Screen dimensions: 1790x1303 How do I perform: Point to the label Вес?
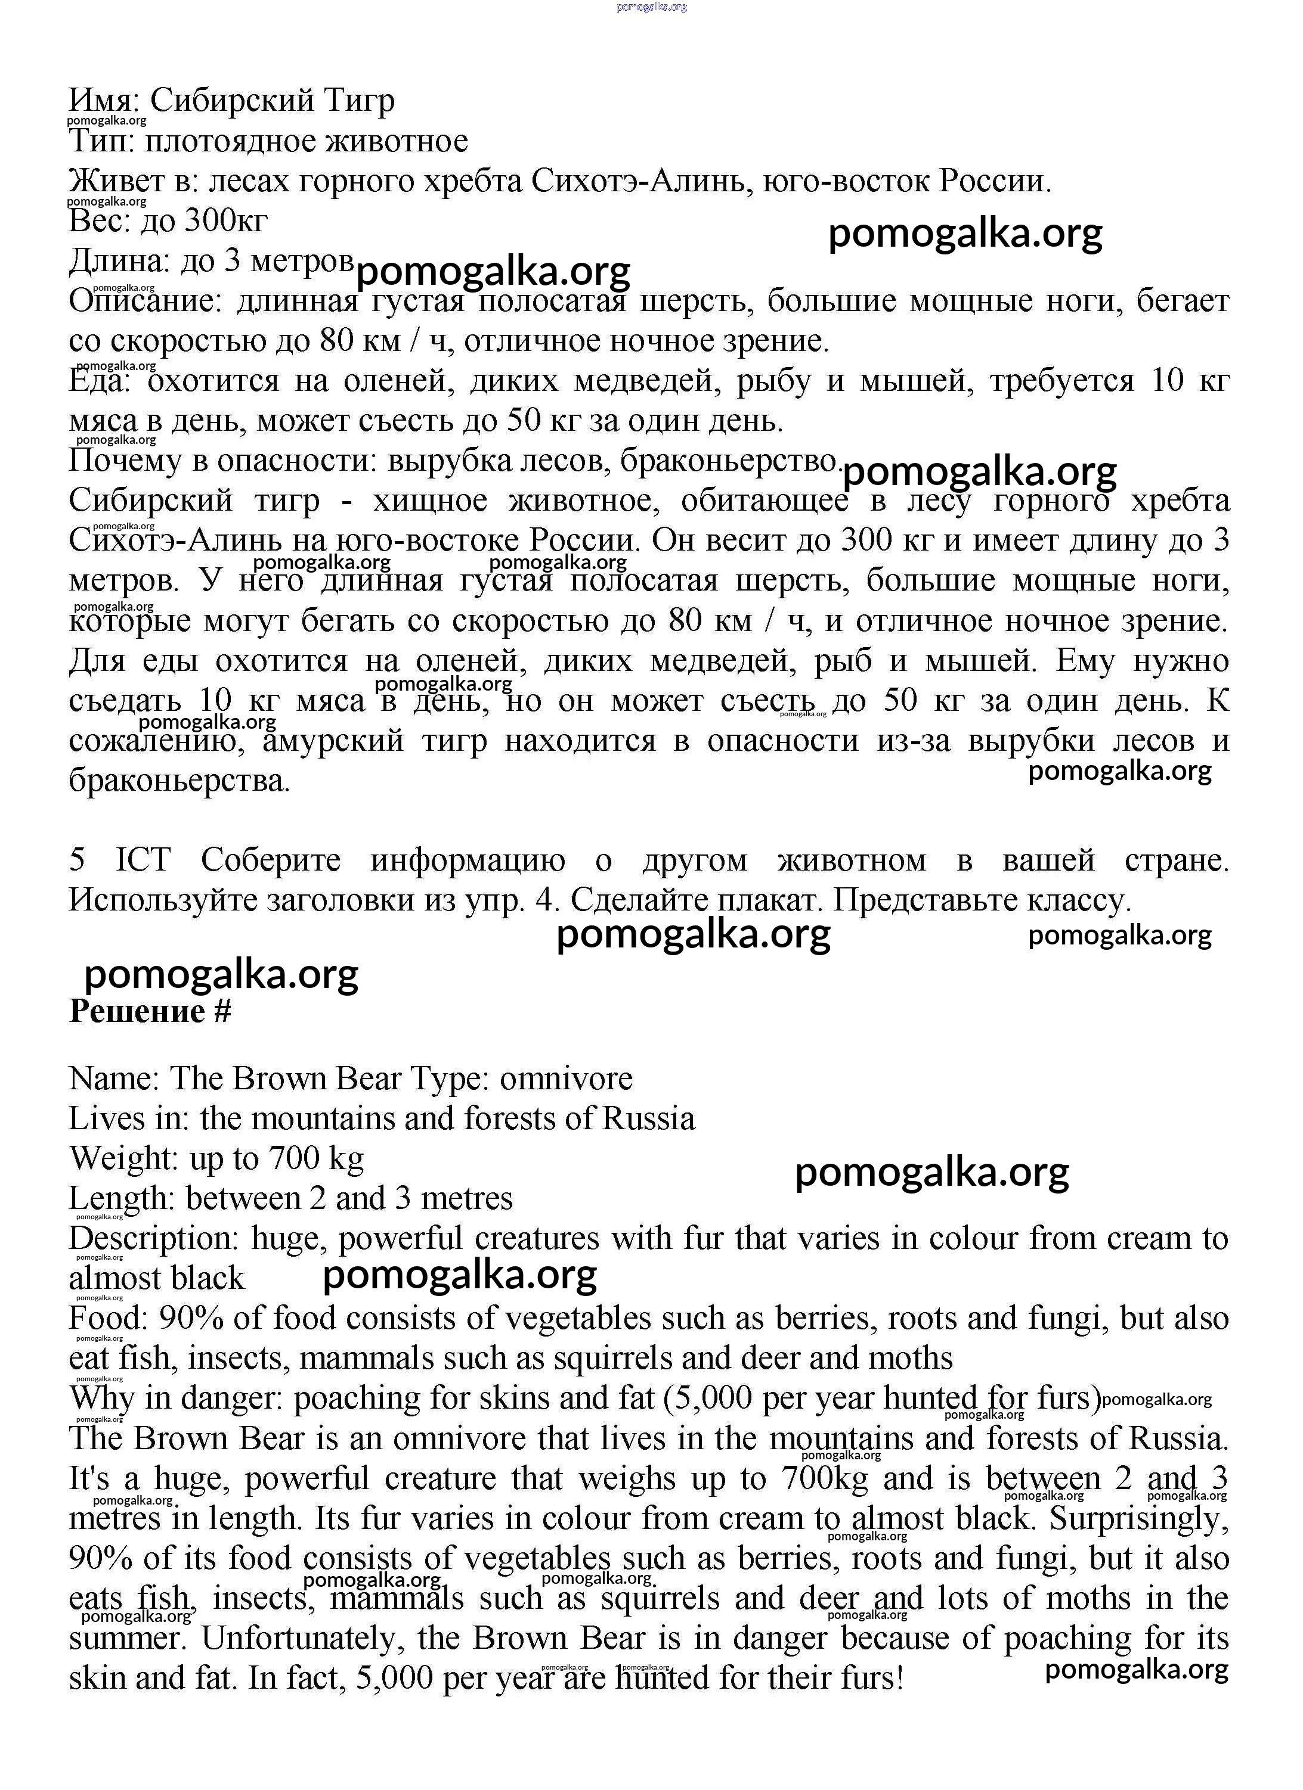(100, 220)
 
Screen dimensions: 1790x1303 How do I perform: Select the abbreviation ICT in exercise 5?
(143, 859)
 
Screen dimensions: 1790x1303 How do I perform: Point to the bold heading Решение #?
(150, 1012)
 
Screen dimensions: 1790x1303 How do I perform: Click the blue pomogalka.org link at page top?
(651, 7)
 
